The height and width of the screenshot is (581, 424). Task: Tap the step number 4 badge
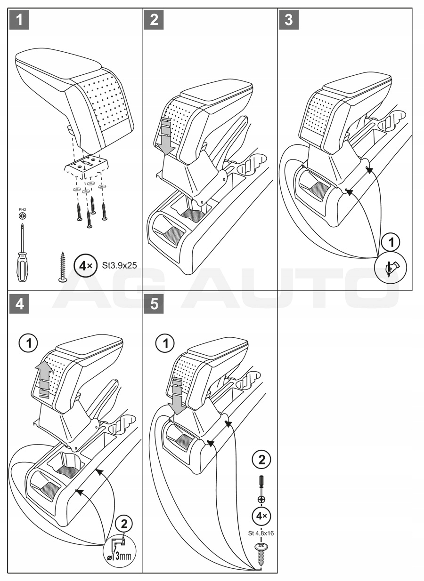point(18,304)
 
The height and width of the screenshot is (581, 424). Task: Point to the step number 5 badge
point(154,304)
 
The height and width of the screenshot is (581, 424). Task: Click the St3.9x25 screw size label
point(119,265)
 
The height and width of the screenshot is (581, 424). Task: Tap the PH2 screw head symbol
point(23,215)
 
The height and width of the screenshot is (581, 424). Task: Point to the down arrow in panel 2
point(166,136)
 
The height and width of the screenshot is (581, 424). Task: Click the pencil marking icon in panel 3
point(391,269)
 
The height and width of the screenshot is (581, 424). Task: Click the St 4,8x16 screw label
point(261,533)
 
